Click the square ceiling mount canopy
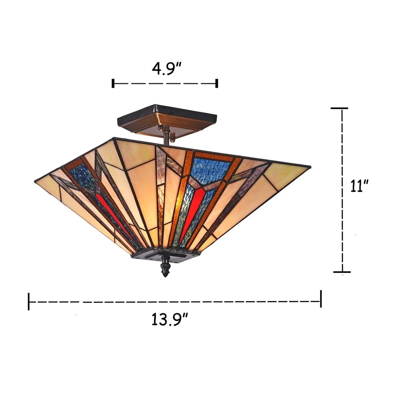[167, 119]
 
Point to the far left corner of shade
[35, 181]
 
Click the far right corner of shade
[310, 167]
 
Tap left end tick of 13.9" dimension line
[28, 301]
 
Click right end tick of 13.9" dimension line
[321, 299]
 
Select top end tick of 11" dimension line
[339, 108]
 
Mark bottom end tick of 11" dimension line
[342, 272]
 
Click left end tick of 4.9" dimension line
[113, 83]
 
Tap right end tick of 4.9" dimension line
[217, 83]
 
